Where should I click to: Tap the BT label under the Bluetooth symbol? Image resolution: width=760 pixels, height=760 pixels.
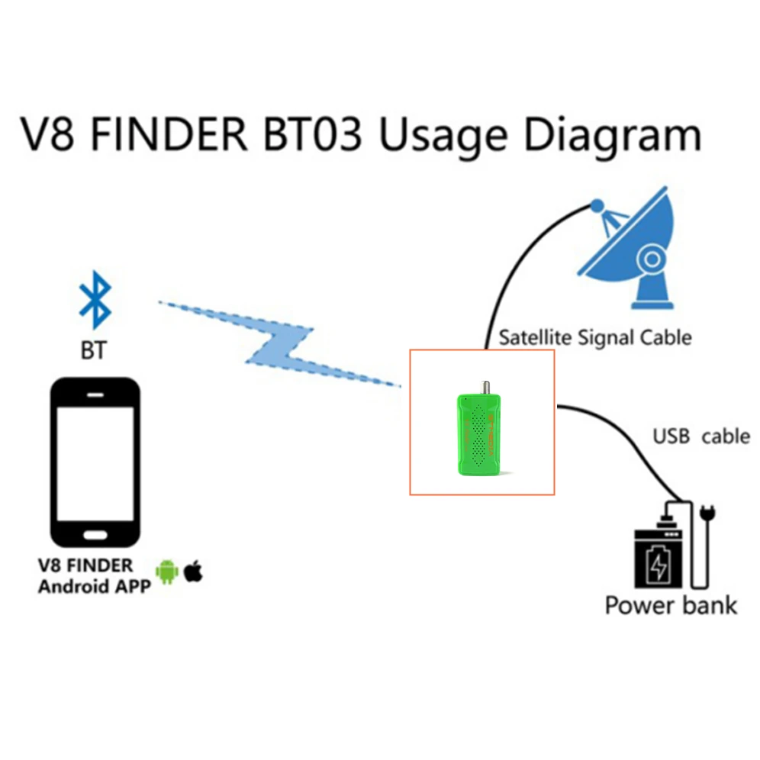(x=94, y=351)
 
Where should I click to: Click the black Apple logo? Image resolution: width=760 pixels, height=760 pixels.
(x=194, y=570)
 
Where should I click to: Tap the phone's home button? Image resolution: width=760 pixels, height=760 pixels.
(x=95, y=532)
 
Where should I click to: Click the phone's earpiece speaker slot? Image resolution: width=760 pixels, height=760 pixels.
(x=95, y=395)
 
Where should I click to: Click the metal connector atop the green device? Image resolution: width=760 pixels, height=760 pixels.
(x=483, y=388)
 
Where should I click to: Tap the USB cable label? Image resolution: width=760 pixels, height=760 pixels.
(x=700, y=437)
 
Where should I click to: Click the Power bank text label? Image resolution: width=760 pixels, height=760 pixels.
(x=671, y=606)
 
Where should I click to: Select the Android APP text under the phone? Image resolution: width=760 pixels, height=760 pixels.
(x=95, y=587)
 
